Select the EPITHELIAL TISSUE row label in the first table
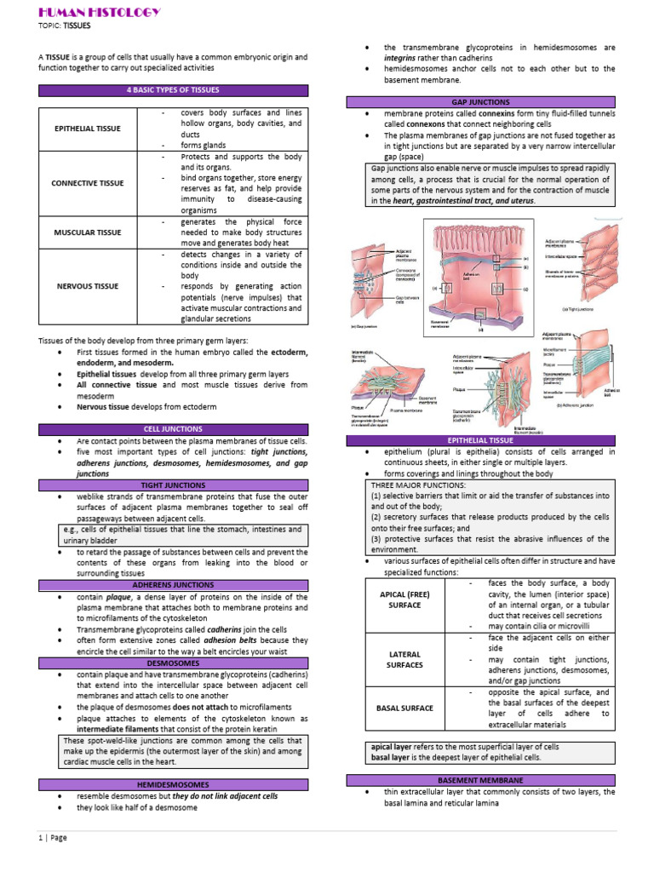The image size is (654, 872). [87, 129]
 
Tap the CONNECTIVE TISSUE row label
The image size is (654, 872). [87, 183]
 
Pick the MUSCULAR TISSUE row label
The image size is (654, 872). [87, 232]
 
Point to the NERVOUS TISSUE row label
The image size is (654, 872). [87, 286]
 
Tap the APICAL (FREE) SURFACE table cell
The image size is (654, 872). [404, 599]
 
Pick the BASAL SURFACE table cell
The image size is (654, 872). [404, 708]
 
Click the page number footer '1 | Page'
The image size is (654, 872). [53, 837]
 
